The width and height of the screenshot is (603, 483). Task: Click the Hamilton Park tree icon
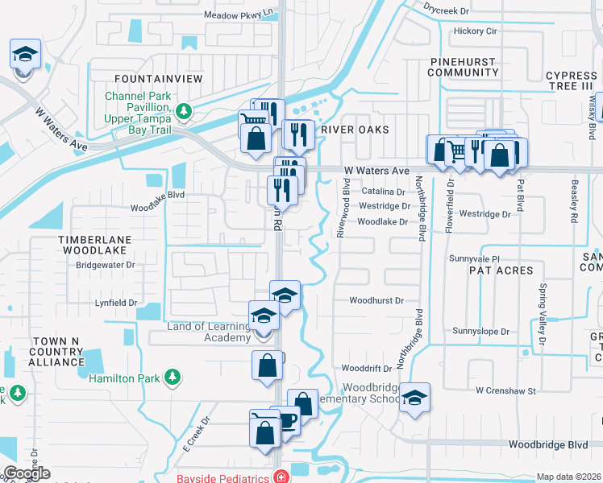pyautogui.click(x=171, y=377)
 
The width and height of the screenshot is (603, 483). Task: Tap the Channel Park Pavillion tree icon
pyautogui.click(x=183, y=111)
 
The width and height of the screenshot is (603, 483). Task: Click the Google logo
pyautogui.click(x=26, y=473)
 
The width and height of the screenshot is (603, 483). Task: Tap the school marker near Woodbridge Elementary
pyautogui.click(x=414, y=398)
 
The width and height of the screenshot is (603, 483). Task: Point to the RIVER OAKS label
pyautogui.click(x=355, y=130)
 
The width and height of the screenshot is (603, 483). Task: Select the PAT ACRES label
pyautogui.click(x=501, y=270)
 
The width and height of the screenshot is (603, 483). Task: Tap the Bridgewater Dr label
pyautogui.click(x=106, y=264)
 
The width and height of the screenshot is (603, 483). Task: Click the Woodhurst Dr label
pyautogui.click(x=375, y=300)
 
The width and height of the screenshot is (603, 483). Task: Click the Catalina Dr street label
pyautogui.click(x=382, y=192)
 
